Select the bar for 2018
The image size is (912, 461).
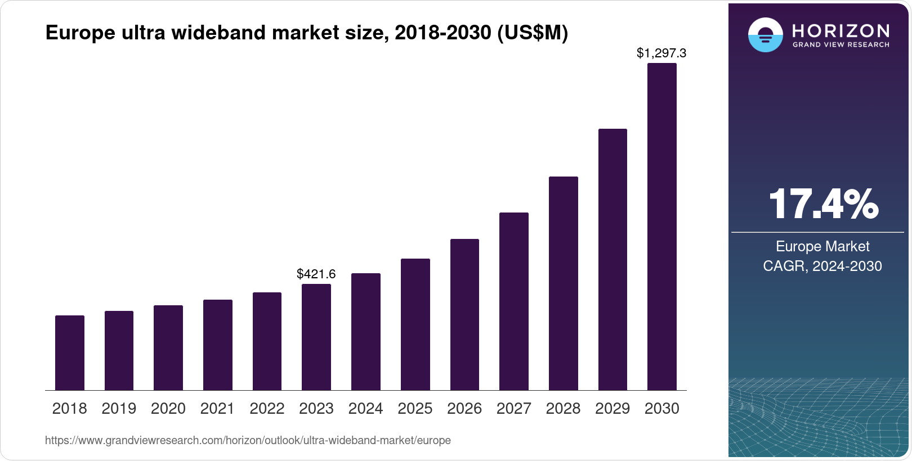(x=70, y=353)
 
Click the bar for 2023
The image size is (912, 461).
(x=316, y=337)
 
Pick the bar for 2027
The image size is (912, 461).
(x=514, y=301)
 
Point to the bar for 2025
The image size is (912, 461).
(x=415, y=324)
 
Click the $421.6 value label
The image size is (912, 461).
(x=316, y=274)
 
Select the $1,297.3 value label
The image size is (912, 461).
(x=661, y=53)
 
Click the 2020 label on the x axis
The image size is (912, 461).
(x=168, y=409)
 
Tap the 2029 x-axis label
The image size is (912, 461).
(x=613, y=409)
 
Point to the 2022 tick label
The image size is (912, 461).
(x=267, y=409)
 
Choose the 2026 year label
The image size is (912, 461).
(x=464, y=409)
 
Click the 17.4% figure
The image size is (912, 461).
(x=822, y=204)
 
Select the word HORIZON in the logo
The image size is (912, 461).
(x=841, y=30)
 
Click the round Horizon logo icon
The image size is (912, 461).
(x=765, y=35)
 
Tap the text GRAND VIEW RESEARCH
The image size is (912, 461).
(x=841, y=44)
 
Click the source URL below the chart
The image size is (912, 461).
(x=248, y=440)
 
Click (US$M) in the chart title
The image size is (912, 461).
(x=533, y=33)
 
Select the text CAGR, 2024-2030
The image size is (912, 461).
(x=822, y=266)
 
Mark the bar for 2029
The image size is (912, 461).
(x=613, y=260)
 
